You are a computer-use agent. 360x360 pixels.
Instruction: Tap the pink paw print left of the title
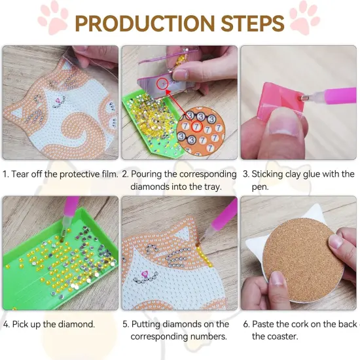coord(53,19)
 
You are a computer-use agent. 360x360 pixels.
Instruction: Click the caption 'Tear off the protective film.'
coord(60,174)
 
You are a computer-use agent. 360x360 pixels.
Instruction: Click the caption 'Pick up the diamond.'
coord(49,324)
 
